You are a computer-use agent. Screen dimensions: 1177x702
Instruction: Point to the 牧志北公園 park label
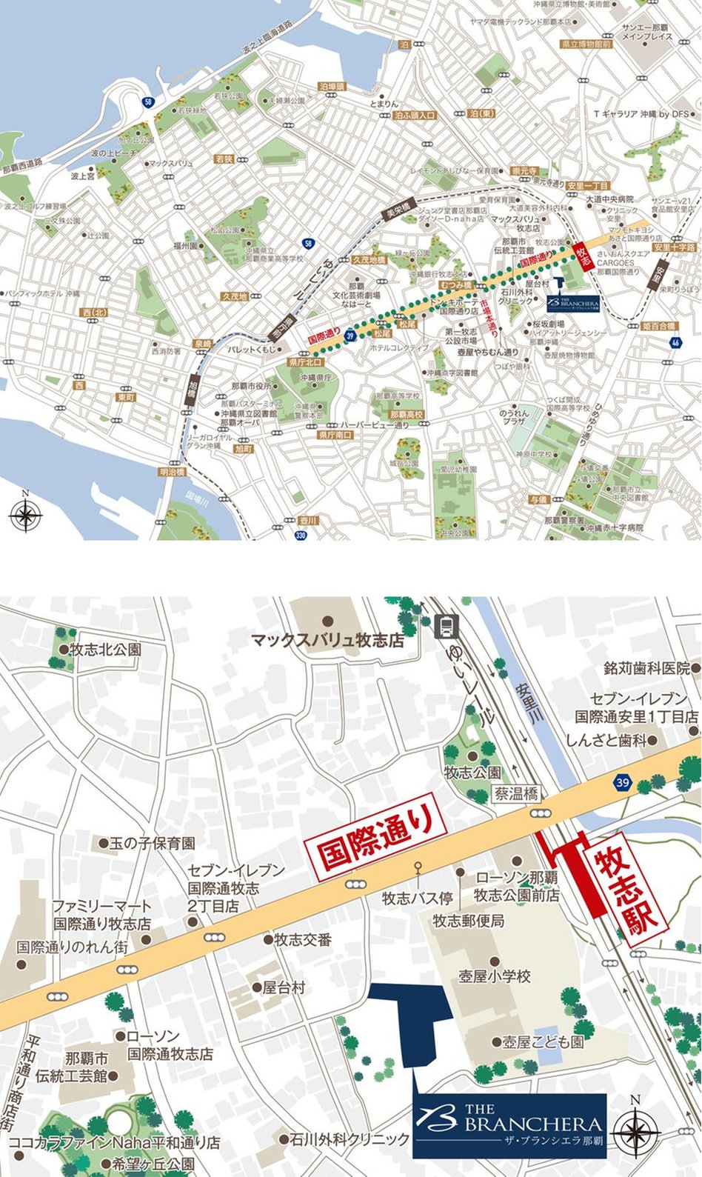[x=105, y=650]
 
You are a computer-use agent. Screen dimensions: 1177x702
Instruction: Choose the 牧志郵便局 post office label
[x=469, y=921]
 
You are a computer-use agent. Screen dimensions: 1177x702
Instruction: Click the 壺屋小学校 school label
[x=495, y=976]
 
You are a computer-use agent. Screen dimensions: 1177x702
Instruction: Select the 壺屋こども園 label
[x=542, y=1041]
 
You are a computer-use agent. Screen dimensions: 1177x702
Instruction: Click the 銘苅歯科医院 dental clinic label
[x=646, y=668]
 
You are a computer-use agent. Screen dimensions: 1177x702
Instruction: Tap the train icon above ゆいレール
[x=447, y=627]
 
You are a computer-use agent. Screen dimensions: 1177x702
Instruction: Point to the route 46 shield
[x=675, y=342]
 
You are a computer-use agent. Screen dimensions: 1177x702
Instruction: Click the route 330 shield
[x=300, y=535]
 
